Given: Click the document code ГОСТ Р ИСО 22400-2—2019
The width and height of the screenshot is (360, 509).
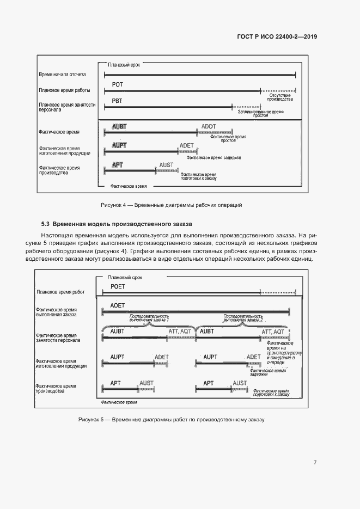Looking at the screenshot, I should (x=277, y=37).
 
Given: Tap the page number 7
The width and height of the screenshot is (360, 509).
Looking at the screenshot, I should (x=315, y=462).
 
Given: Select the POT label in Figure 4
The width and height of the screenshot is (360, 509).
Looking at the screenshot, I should (x=118, y=84).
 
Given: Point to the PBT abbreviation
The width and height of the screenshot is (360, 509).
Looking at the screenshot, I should (x=117, y=101).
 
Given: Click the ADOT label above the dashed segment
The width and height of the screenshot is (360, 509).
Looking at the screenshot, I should (x=209, y=126).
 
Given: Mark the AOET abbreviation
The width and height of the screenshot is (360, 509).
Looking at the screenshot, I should (x=118, y=305).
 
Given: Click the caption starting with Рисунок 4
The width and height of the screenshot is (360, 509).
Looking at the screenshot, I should (x=171, y=205).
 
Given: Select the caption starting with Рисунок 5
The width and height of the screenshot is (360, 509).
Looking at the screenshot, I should (x=171, y=420).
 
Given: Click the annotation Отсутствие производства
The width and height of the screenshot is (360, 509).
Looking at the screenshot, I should (x=280, y=97).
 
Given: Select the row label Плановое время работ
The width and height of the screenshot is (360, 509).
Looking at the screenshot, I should (x=60, y=292).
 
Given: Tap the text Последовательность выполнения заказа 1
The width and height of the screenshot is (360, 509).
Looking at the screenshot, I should (x=149, y=318).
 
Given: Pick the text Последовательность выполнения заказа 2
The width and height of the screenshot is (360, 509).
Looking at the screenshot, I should (x=243, y=318).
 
